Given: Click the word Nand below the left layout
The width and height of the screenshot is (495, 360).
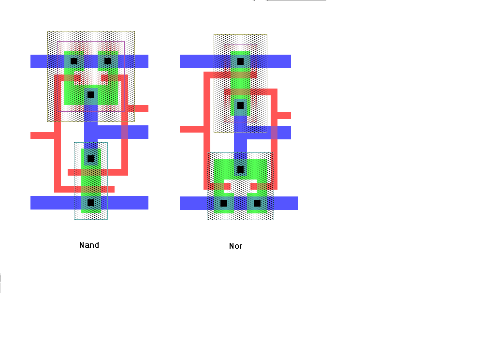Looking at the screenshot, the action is tap(89, 245).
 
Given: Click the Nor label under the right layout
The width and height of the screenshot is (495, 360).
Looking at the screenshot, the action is tap(235, 246).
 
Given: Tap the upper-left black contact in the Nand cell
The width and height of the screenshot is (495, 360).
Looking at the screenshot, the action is tap(74, 61).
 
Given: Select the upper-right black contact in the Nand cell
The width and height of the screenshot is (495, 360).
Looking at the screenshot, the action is tap(108, 61).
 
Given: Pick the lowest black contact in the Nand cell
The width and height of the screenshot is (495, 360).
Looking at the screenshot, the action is tap(91, 203).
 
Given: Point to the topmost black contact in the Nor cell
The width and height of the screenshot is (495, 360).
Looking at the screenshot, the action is tap(240, 61).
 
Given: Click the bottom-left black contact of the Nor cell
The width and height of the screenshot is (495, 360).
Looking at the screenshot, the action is tap(223, 203).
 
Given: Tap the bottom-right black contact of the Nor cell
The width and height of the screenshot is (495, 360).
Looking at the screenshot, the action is tap(257, 203).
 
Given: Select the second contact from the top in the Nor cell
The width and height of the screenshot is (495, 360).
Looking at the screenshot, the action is tap(240, 105).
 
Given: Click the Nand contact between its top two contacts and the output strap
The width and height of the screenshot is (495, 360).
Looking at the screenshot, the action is tap(91, 95).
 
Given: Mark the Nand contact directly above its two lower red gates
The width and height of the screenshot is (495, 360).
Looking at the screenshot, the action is tap(91, 159).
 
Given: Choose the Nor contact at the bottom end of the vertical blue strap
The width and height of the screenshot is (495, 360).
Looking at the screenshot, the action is tap(240, 169).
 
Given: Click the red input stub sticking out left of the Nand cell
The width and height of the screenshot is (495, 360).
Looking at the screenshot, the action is tap(43, 135).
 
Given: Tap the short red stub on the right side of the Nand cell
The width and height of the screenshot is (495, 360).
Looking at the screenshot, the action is tap(138, 108).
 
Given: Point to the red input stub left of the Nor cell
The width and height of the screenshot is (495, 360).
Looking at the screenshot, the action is tap(191, 129).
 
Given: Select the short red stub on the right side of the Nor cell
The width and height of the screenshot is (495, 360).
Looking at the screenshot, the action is tap(284, 116).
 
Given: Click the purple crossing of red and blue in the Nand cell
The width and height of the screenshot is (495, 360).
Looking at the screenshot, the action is tap(125, 132).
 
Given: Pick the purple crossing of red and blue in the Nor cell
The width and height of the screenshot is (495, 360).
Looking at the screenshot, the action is tap(274, 133).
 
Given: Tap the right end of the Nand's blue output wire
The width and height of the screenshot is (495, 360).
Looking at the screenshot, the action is tap(148, 132).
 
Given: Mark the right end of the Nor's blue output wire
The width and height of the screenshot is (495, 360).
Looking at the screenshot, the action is tap(291, 133).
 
